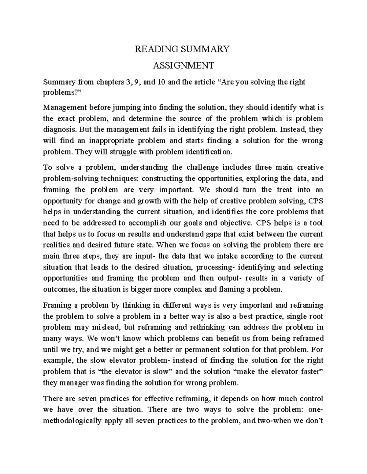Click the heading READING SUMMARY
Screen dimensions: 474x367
tap(182, 49)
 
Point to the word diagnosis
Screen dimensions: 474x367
tap(60, 130)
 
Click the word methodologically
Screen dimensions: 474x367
tap(72, 421)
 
